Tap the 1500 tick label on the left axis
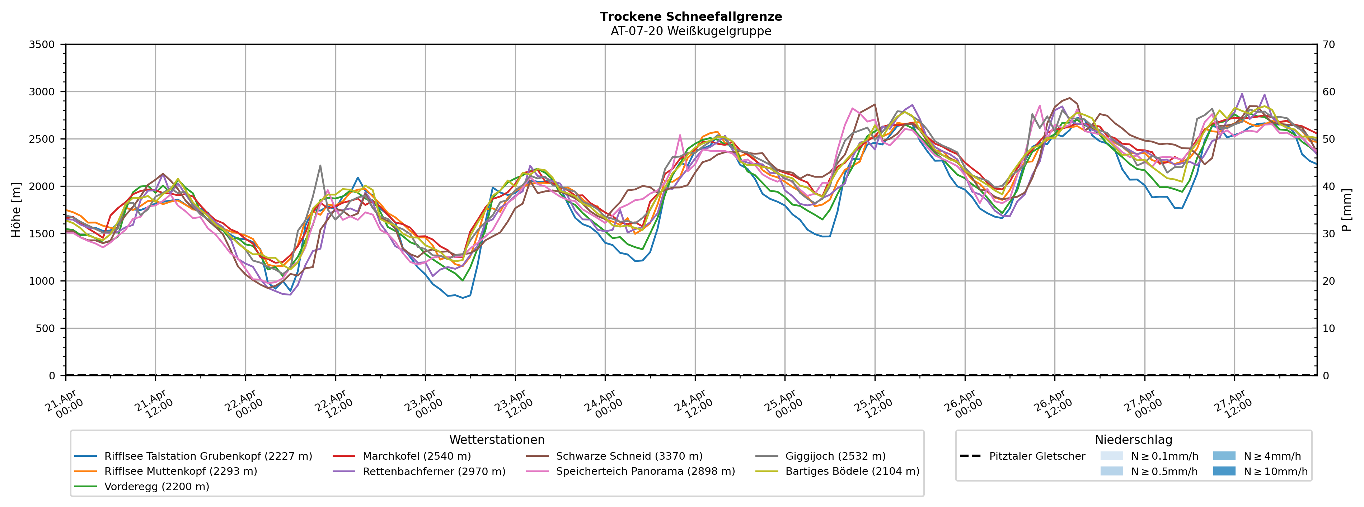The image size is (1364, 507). pyautogui.click(x=42, y=234)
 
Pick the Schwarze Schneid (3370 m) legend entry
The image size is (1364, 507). pyautogui.click(x=628, y=456)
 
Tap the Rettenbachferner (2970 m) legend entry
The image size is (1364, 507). pyautogui.click(x=433, y=472)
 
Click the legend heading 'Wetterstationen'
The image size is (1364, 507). pyautogui.click(x=497, y=440)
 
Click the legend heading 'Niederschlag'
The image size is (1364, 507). pyautogui.click(x=1133, y=440)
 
